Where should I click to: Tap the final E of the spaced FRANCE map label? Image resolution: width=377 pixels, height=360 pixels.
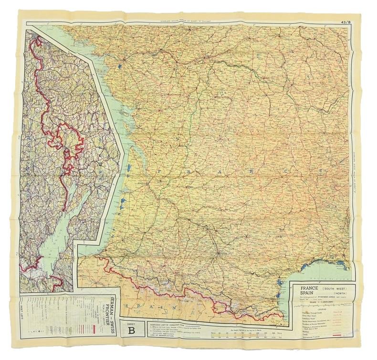coord(286,170)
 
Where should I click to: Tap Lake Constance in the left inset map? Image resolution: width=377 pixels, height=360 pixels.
coord(57,224)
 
